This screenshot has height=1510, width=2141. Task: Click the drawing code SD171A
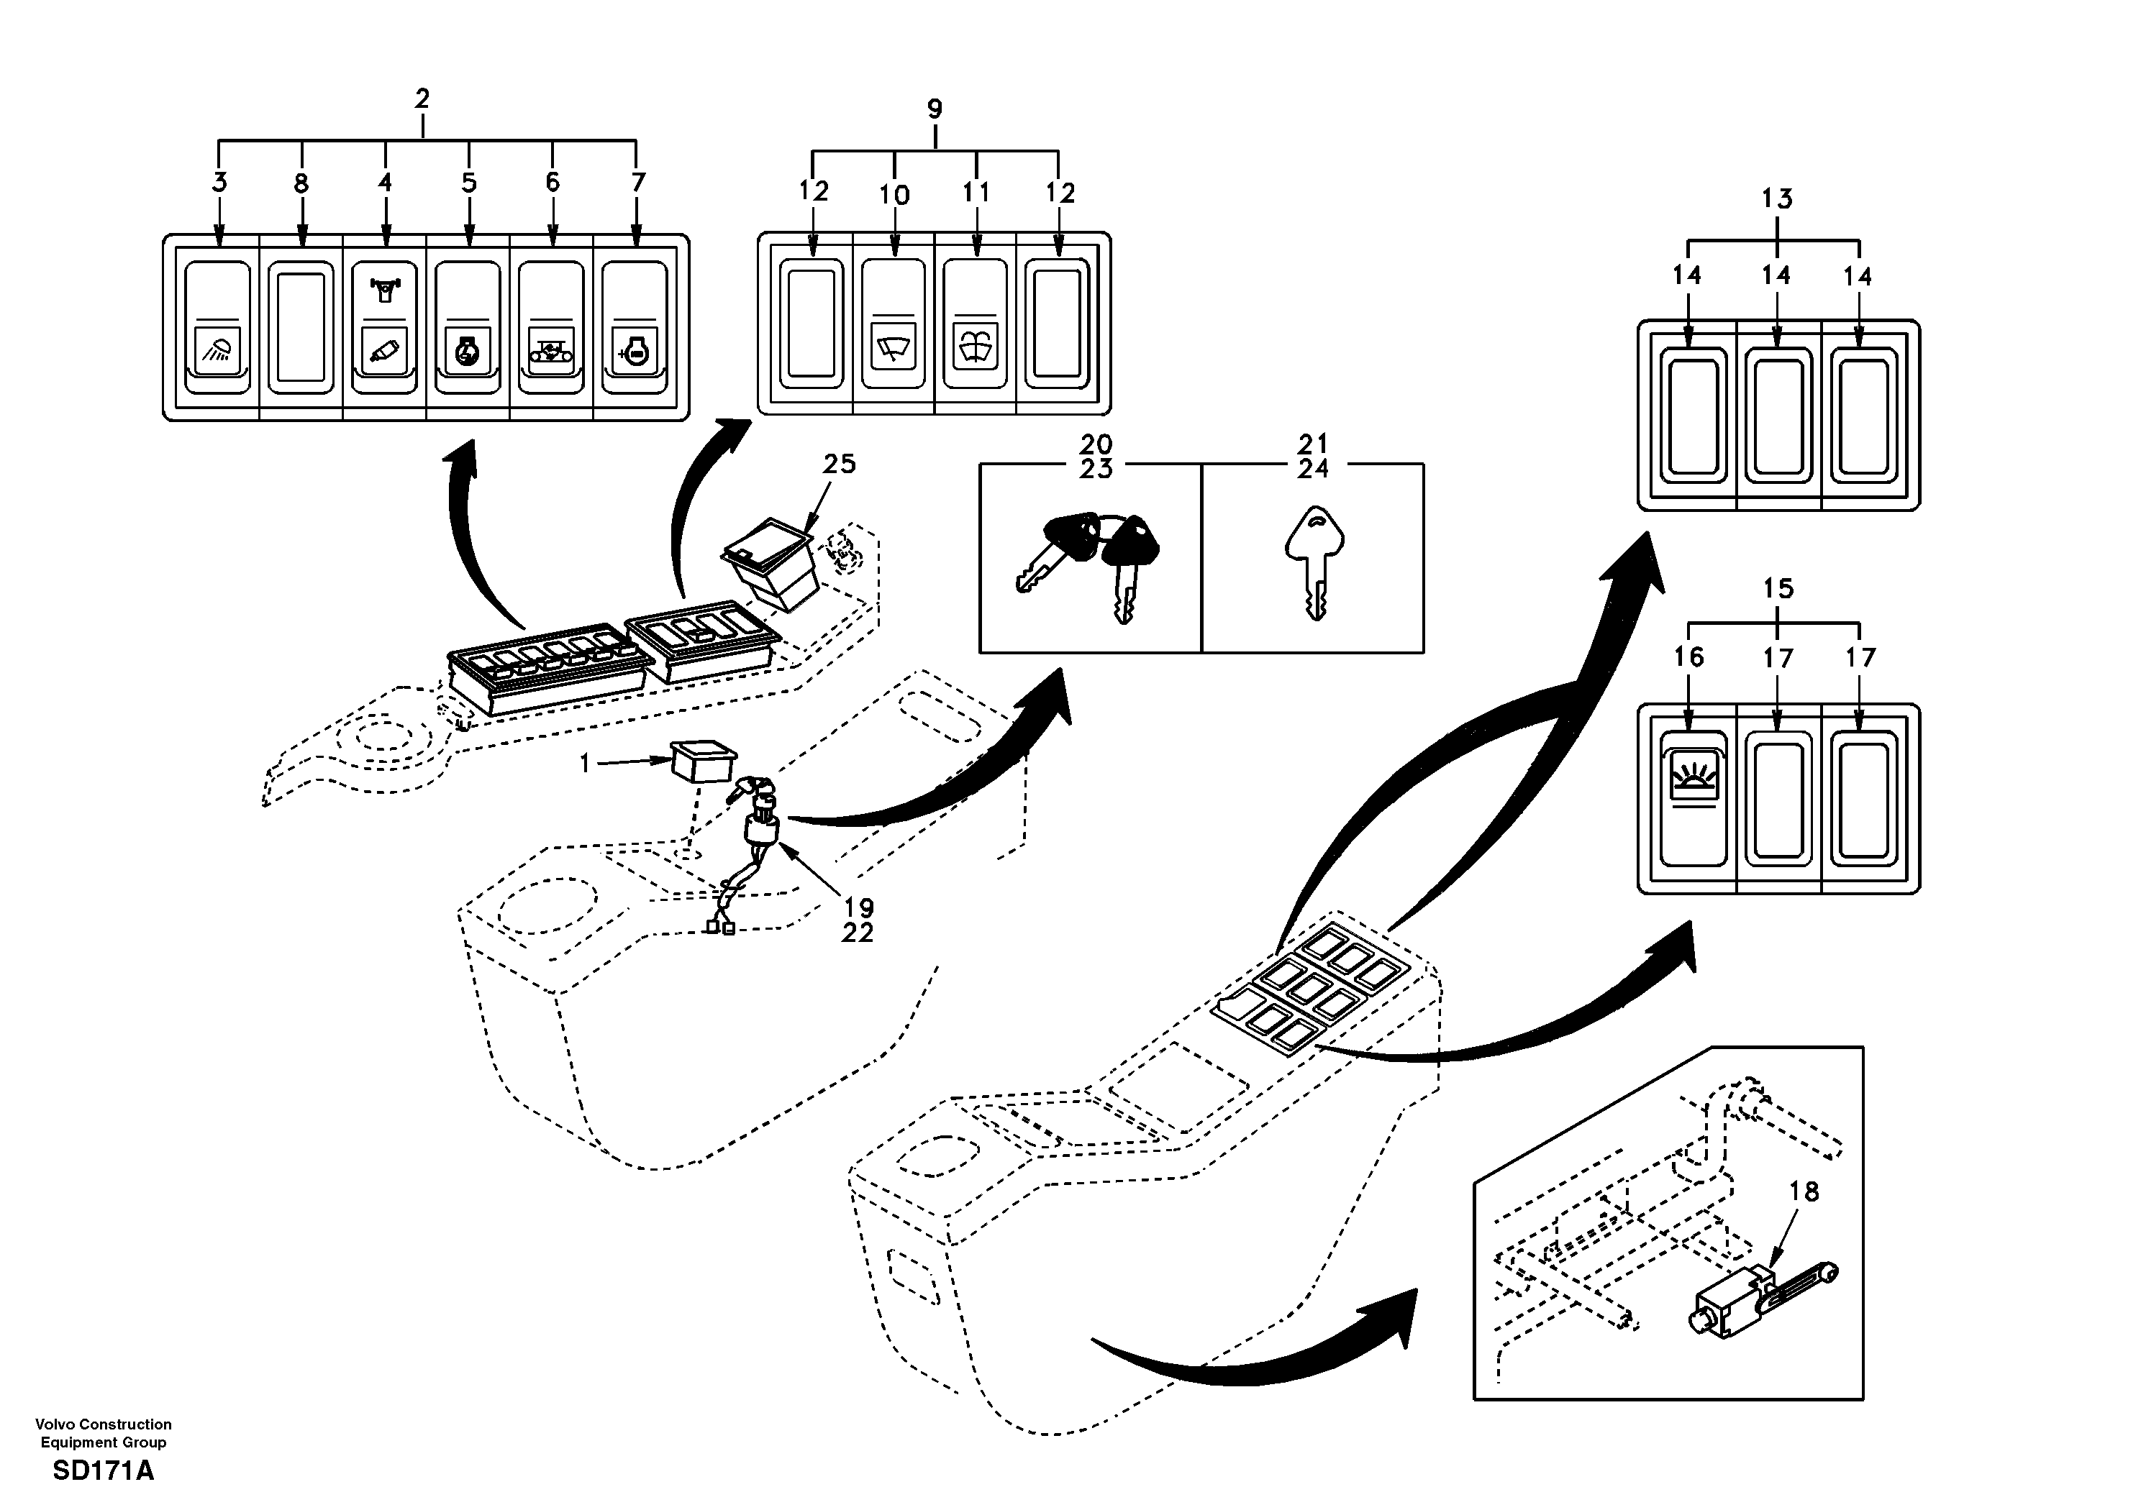[x=104, y=1471]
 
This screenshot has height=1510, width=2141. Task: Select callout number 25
[x=840, y=463]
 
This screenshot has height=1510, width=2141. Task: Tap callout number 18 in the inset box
[x=1804, y=1192]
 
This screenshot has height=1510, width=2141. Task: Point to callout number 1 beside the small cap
[x=585, y=764]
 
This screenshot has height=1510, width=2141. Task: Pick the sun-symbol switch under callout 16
[x=1694, y=799]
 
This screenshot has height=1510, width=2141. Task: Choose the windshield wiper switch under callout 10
[x=894, y=324]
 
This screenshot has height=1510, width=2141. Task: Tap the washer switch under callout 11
[x=976, y=324]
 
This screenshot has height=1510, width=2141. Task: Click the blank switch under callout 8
[x=300, y=324]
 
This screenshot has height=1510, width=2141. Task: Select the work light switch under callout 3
[x=217, y=327]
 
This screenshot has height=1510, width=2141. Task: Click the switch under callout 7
[x=635, y=327]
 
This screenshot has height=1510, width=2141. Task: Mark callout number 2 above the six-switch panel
[x=422, y=99]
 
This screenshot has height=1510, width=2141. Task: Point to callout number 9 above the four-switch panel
[x=935, y=109]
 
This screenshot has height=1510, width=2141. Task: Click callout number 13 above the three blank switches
[x=1777, y=198]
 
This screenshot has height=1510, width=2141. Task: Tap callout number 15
[x=1778, y=588]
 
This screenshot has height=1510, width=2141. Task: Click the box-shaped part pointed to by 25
[x=772, y=563]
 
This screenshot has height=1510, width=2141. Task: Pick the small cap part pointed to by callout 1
[x=702, y=762]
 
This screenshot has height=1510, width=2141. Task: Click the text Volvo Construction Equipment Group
[x=104, y=1432]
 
